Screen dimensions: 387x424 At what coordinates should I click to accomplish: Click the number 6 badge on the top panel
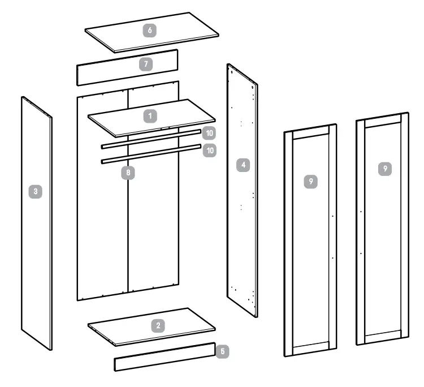[150, 31]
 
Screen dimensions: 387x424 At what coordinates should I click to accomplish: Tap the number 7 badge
[146, 64]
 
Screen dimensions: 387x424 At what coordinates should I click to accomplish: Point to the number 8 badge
[130, 173]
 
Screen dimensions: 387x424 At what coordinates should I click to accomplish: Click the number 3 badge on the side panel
[36, 192]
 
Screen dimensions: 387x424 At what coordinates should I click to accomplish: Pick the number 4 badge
[243, 165]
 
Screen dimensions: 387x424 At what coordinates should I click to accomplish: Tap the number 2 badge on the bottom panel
[159, 325]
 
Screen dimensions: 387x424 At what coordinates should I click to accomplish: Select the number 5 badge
[223, 351]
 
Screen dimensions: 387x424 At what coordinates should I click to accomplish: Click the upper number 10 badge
[209, 134]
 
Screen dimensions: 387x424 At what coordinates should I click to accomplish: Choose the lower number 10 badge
[209, 151]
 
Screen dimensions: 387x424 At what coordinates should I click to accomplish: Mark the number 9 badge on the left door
[310, 181]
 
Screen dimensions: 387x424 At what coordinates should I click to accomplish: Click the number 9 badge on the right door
[385, 169]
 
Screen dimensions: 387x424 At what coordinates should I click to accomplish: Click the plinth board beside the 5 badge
[164, 357]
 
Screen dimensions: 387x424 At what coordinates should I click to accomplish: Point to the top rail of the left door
[310, 135]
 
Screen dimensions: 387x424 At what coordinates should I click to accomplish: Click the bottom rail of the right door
[382, 338]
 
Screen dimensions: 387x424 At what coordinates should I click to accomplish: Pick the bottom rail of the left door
[310, 349]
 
